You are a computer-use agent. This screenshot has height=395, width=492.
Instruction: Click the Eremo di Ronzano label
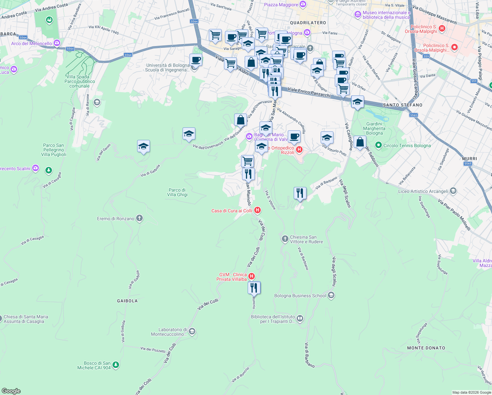116,219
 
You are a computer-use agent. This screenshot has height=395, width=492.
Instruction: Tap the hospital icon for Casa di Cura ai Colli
258,210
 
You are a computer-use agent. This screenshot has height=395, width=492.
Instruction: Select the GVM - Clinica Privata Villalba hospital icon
252,276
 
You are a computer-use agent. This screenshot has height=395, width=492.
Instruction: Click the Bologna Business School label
300,296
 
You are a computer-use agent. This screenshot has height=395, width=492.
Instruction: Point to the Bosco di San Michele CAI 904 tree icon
115,365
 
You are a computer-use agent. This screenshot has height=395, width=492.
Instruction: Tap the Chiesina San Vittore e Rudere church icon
285,239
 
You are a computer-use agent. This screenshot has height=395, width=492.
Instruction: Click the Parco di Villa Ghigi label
177,192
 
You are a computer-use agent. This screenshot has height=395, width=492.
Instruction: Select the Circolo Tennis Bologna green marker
378,145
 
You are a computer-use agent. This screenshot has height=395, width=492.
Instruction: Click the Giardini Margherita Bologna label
374,128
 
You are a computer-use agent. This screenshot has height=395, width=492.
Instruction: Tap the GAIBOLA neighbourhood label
127,301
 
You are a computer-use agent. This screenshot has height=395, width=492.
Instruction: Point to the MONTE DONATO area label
426,348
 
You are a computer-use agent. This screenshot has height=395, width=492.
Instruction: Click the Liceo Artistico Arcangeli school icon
453,191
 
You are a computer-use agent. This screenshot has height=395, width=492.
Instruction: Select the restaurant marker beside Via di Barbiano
300,193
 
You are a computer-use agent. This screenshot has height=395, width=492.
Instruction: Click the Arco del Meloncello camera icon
57,43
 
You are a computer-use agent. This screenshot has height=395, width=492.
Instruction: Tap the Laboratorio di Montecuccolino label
169,332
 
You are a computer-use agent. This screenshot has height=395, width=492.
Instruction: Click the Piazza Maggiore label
281,5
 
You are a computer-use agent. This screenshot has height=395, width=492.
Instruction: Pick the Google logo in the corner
11,391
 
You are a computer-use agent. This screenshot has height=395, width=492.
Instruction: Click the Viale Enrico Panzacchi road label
309,92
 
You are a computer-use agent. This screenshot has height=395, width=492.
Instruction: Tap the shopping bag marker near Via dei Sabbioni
360,142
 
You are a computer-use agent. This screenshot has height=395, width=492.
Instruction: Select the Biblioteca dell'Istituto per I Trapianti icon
300,318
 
